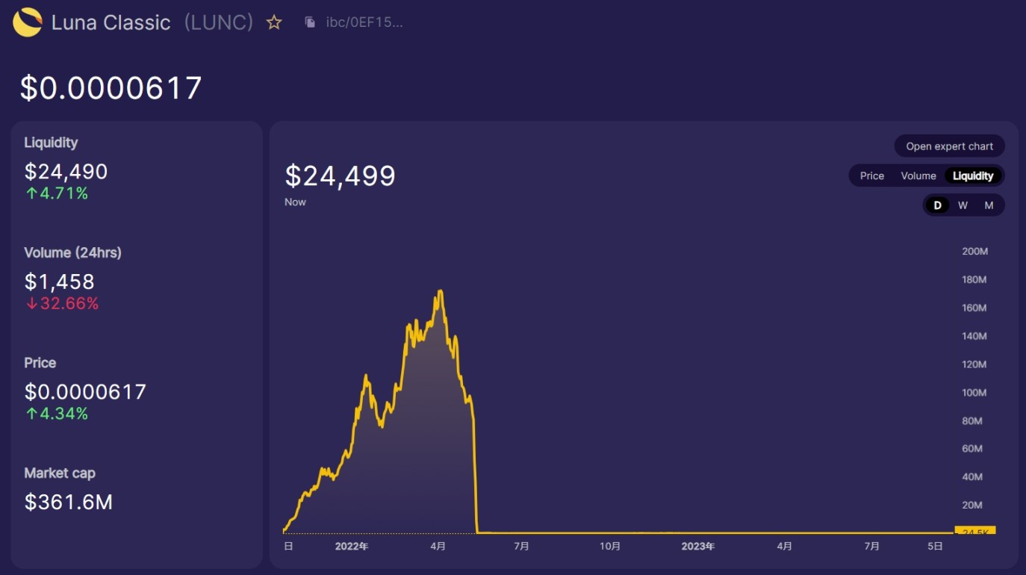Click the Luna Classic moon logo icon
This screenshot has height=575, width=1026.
click(x=28, y=22)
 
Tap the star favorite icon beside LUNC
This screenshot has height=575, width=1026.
click(x=274, y=22)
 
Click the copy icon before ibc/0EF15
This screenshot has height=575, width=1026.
click(x=310, y=22)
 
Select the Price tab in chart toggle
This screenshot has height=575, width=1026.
click(x=871, y=176)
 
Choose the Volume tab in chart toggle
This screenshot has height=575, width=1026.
click(x=918, y=176)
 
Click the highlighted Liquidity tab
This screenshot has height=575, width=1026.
click(x=973, y=176)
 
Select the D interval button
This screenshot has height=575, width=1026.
click(x=937, y=205)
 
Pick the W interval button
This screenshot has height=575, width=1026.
click(x=963, y=205)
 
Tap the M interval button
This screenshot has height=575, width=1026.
click(x=989, y=205)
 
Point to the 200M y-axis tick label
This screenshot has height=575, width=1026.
click(x=974, y=252)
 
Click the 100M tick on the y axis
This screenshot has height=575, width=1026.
click(x=974, y=393)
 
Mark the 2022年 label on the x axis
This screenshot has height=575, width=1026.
click(x=351, y=547)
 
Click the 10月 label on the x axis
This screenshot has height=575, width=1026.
click(x=610, y=547)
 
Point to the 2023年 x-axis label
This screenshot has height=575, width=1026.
click(x=697, y=547)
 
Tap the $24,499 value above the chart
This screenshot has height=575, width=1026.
click(x=341, y=176)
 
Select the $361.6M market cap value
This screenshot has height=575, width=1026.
click(x=69, y=503)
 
